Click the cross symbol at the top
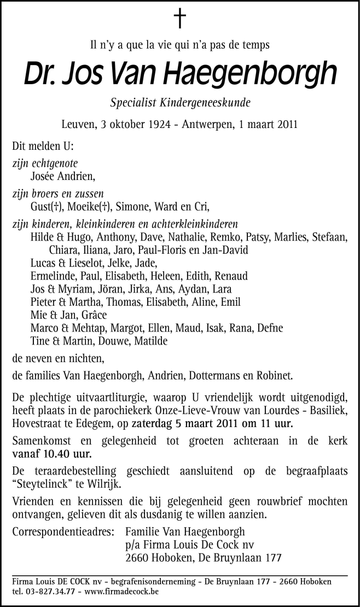pyautogui.click(x=179, y=19)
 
